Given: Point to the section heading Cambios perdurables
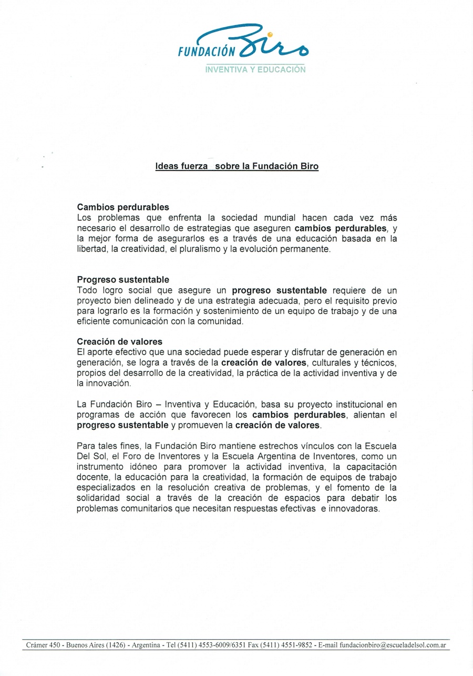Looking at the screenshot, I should (123, 207).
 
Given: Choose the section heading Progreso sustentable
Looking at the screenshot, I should (123, 279).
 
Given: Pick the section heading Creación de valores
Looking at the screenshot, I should (119, 341).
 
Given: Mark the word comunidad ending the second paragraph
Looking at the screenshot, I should (223, 321).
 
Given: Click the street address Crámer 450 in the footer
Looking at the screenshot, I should (43, 645).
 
